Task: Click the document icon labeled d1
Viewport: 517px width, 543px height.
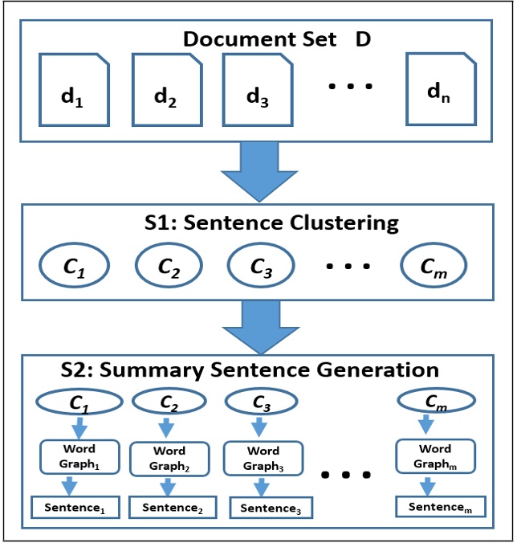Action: click(x=73, y=90)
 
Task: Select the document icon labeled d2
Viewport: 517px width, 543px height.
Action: click(x=165, y=90)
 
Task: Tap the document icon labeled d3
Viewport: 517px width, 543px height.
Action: click(x=255, y=89)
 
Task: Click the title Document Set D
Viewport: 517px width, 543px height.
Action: click(x=277, y=39)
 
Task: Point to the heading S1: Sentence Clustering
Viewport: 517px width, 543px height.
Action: click(x=270, y=223)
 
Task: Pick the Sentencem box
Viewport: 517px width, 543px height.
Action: click(x=440, y=506)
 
